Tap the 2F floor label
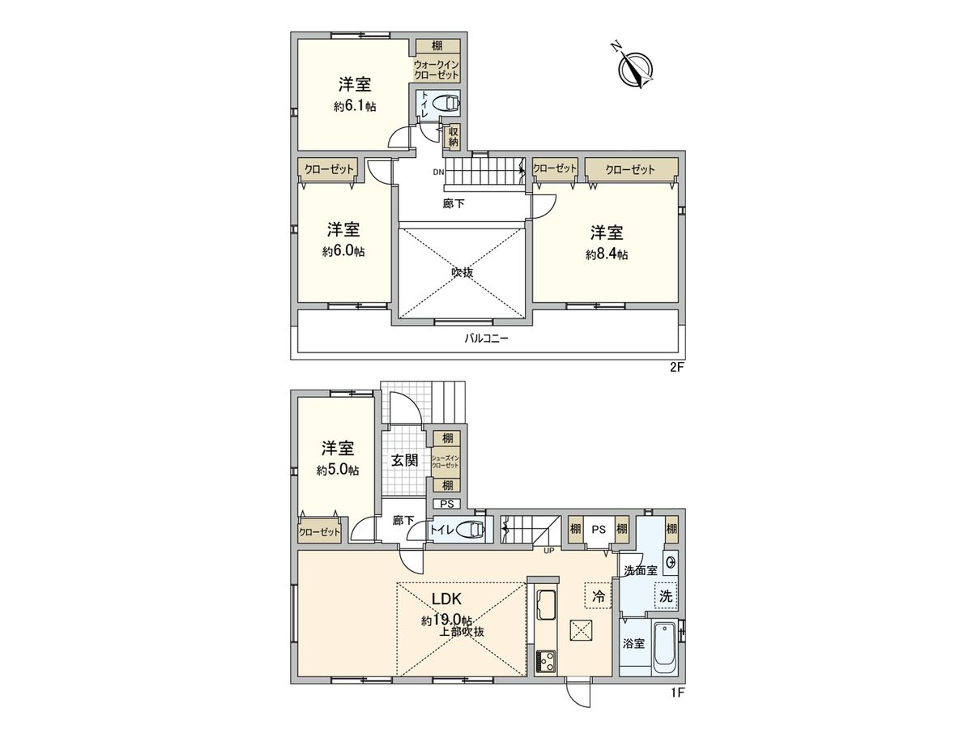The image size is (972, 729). (x=676, y=367)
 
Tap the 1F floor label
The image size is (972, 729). (x=676, y=693)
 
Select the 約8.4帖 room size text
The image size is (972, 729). (x=607, y=254)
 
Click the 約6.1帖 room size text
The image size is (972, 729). (x=354, y=106)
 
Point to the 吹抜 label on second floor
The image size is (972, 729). (x=463, y=272)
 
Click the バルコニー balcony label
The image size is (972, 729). (x=486, y=339)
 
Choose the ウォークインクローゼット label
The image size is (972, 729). (x=437, y=69)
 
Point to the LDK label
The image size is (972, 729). (x=446, y=600)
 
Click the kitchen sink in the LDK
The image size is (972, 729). (x=544, y=605)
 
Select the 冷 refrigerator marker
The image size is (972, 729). (x=599, y=596)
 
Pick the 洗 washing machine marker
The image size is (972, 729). (x=666, y=595)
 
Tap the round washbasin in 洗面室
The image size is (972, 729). (x=671, y=561)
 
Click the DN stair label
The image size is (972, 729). (x=438, y=172)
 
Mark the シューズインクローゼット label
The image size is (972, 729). (x=446, y=463)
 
